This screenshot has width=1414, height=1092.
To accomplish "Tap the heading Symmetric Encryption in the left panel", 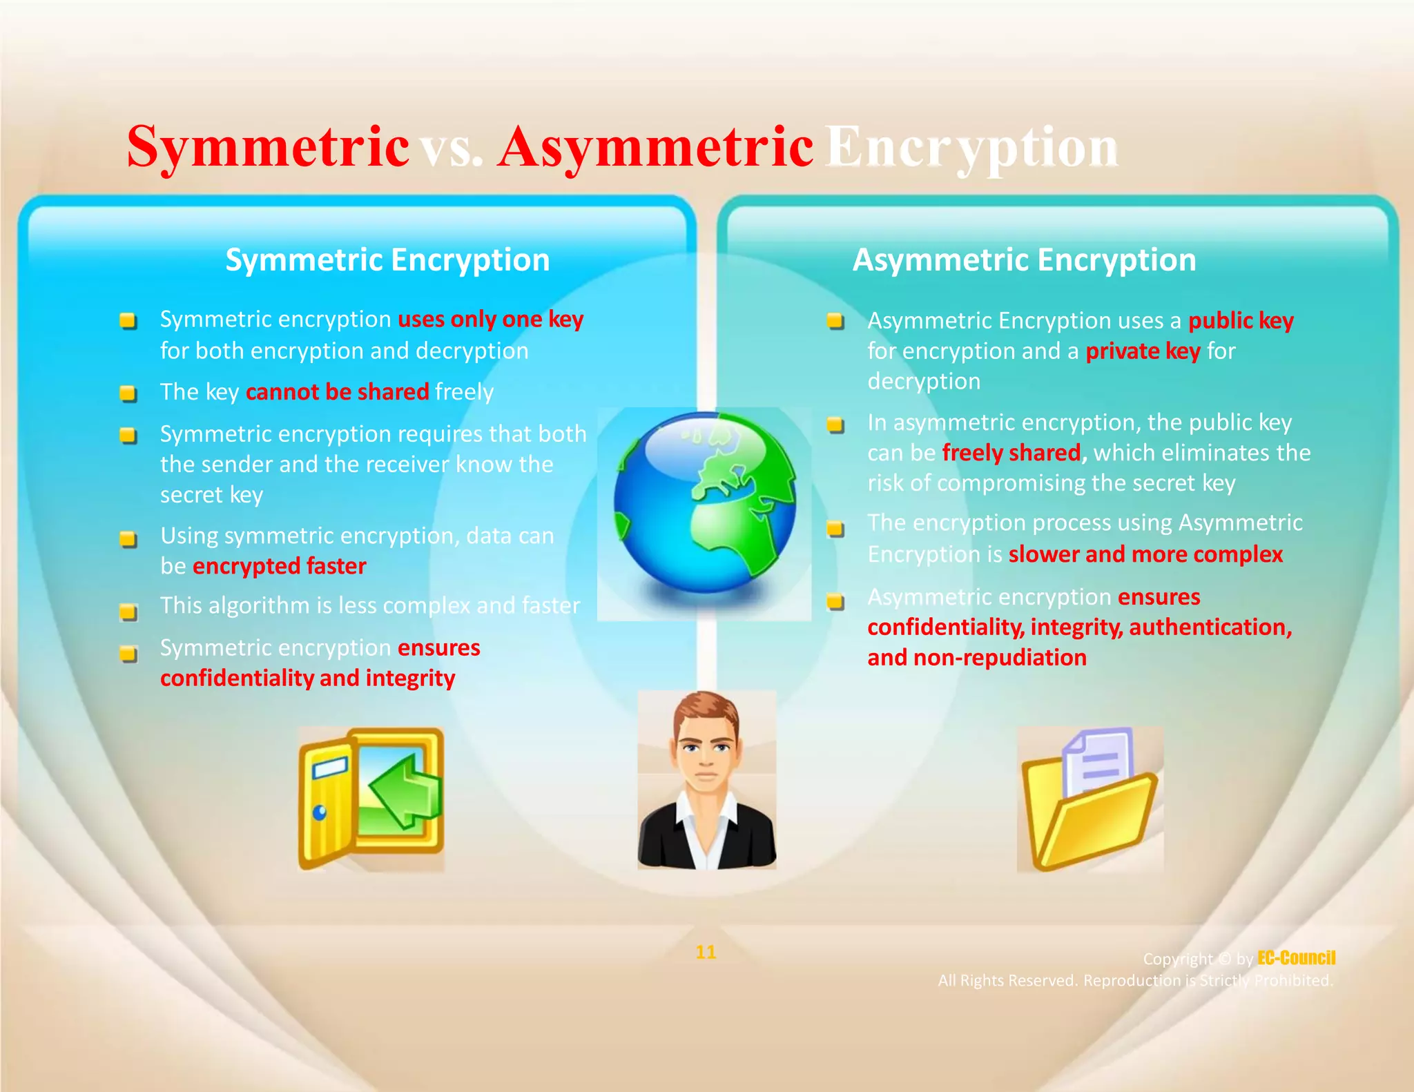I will coord(387,260).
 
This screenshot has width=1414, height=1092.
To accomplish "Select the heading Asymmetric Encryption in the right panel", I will coord(1024,260).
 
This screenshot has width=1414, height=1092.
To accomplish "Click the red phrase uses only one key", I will coord(490,320).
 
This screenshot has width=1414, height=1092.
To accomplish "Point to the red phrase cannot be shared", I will coord(337,392).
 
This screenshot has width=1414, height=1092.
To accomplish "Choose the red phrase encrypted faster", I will coord(279,566).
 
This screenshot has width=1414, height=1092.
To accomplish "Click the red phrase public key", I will coord(1241,320).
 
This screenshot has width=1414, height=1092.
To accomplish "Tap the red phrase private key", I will coord(1143,351).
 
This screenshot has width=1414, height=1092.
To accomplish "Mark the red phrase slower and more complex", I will coord(1145,554).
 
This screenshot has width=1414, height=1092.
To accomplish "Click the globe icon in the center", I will coord(704,504).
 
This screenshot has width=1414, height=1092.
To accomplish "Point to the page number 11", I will coord(706,953).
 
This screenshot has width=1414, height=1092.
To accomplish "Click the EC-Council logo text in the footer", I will coord(1296,958).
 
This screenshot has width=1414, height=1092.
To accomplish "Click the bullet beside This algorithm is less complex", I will coord(128,612).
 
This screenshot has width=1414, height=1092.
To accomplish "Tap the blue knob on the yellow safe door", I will coord(320,812).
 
